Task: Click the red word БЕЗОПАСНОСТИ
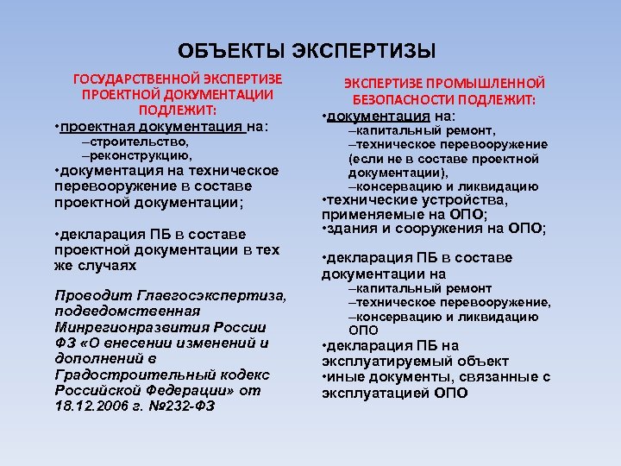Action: coord(400,99)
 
